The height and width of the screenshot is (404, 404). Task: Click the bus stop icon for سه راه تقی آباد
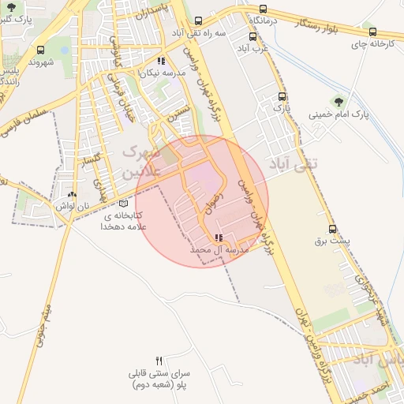[197, 22]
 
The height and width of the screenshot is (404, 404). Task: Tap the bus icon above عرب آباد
[252, 36]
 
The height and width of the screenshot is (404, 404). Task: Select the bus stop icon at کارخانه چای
[372, 32]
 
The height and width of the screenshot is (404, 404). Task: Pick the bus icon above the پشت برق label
[332, 230]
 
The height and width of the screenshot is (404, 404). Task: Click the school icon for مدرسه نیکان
[161, 61]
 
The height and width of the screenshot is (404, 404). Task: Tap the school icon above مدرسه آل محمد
[219, 238]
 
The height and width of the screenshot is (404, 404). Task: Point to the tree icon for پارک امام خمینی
[339, 101]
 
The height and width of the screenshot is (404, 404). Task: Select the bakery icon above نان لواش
[72, 194]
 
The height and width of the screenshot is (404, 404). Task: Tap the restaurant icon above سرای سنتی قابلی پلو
[159, 360]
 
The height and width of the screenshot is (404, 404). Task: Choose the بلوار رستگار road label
[305, 24]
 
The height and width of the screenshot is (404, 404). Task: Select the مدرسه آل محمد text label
[219, 249]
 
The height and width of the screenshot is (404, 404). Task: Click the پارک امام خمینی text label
[339, 114]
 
